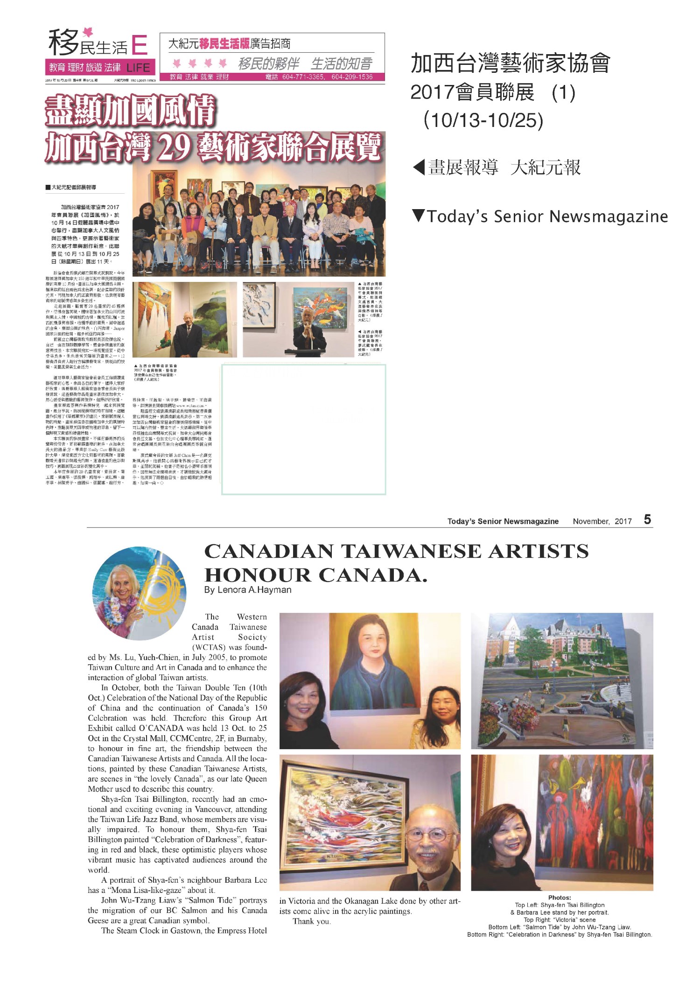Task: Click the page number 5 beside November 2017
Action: click(x=647, y=520)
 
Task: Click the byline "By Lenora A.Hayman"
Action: click(x=247, y=590)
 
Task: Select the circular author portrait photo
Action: click(x=139, y=593)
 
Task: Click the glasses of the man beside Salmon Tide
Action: click(x=427, y=836)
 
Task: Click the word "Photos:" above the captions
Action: click(x=560, y=898)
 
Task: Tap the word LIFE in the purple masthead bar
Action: click(x=138, y=68)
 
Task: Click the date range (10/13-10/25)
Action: click(x=483, y=120)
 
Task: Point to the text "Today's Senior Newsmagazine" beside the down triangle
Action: click(x=547, y=217)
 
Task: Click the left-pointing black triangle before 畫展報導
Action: click(x=419, y=167)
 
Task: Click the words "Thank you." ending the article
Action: click(x=311, y=921)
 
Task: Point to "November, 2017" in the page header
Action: click(x=602, y=521)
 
